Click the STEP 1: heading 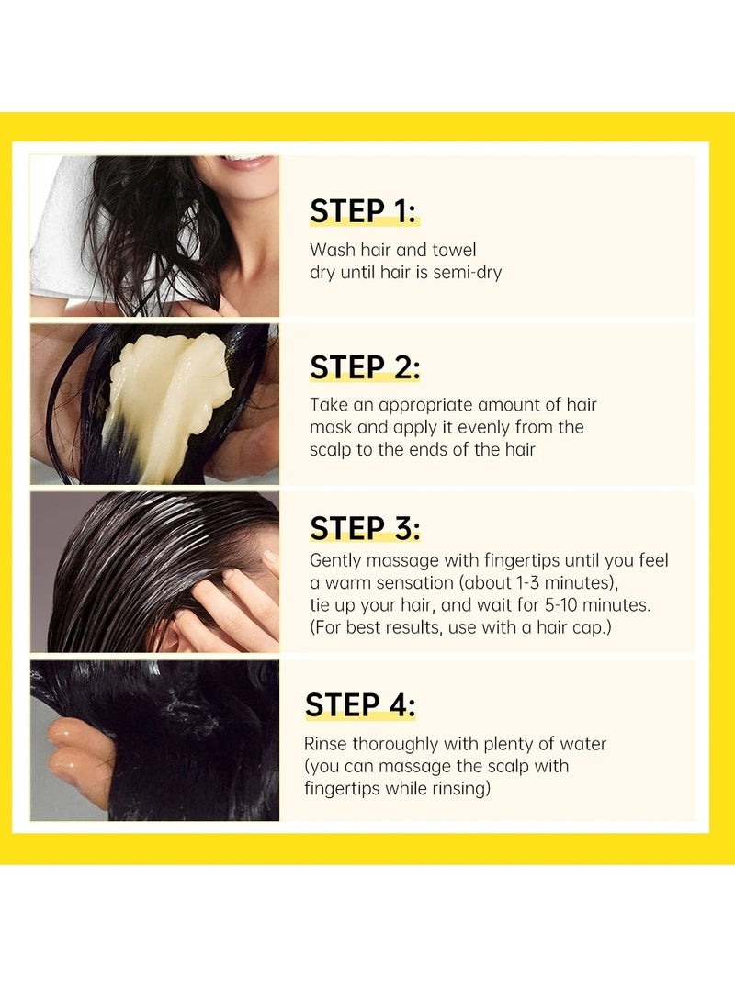coord(364,210)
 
